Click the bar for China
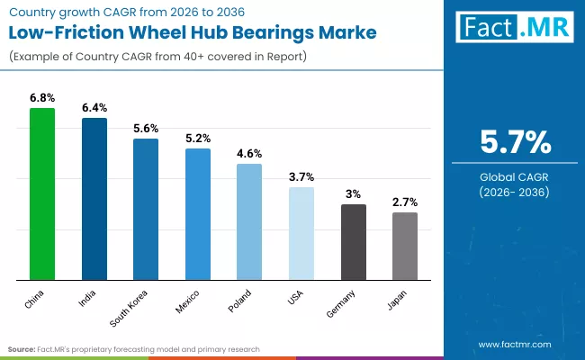(x=42, y=193)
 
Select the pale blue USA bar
(x=301, y=233)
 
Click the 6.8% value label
(x=42, y=97)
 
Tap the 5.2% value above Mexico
(x=198, y=138)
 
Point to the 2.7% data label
(x=405, y=202)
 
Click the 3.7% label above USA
(x=301, y=176)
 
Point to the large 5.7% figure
(x=514, y=143)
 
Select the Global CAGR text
(x=514, y=177)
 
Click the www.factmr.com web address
(x=514, y=345)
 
